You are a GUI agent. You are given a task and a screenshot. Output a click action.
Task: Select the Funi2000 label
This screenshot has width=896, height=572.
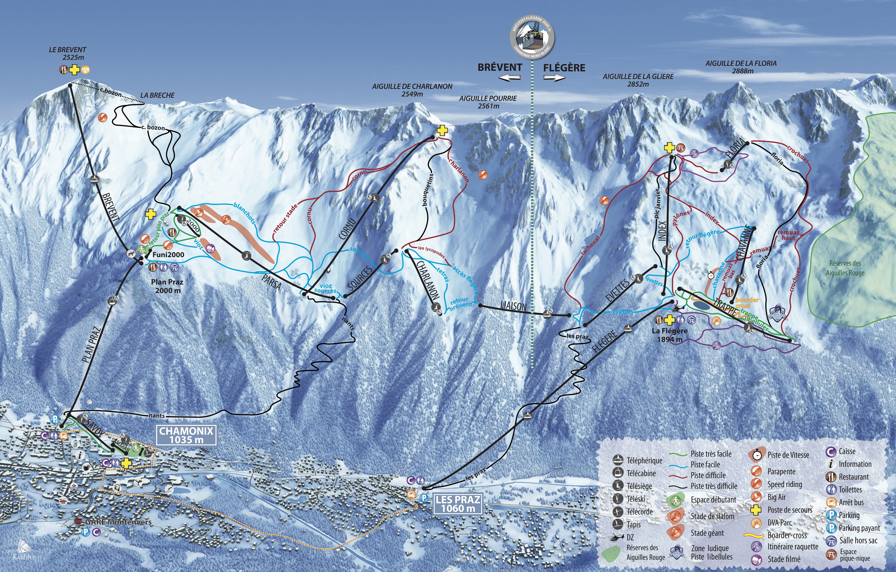(168, 255)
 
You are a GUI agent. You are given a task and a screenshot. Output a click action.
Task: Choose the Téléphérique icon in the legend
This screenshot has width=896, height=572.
(618, 460)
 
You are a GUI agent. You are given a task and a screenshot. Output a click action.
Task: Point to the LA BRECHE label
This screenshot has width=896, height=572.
(157, 95)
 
